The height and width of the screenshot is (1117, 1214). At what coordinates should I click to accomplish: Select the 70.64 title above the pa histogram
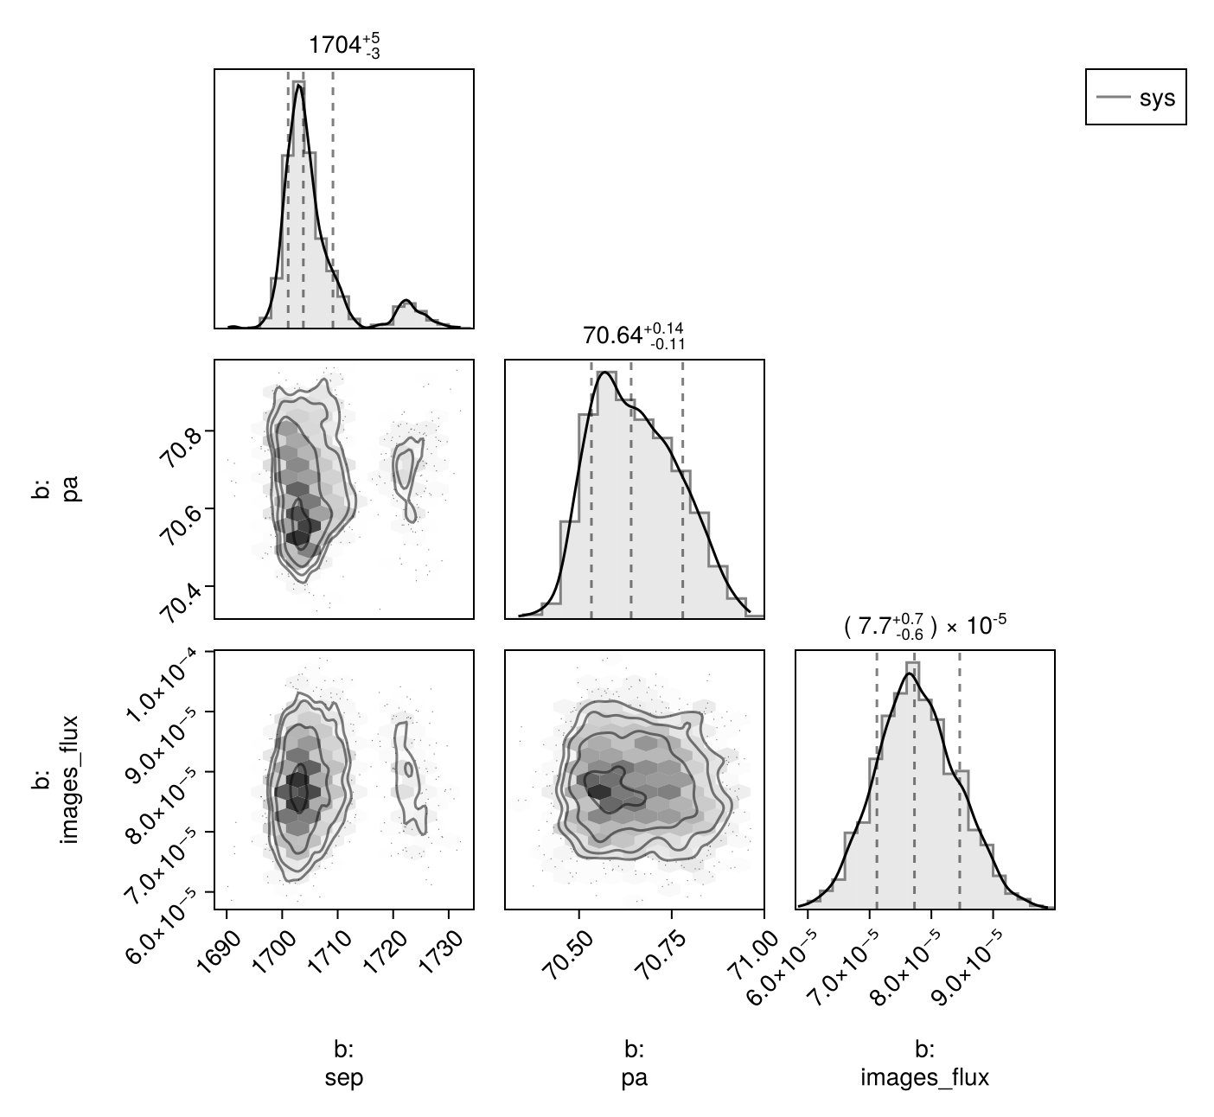coord(634,336)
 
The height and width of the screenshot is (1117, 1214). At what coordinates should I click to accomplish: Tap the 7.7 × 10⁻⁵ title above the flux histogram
coord(924,626)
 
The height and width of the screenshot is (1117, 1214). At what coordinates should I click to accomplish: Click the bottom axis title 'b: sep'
coord(344,1063)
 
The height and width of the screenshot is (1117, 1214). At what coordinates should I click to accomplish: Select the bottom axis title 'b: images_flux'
coord(924,1063)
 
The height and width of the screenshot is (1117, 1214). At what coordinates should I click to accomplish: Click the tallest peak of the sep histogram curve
coord(299,86)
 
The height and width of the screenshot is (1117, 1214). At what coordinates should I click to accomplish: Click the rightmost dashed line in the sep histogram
coord(333,199)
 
